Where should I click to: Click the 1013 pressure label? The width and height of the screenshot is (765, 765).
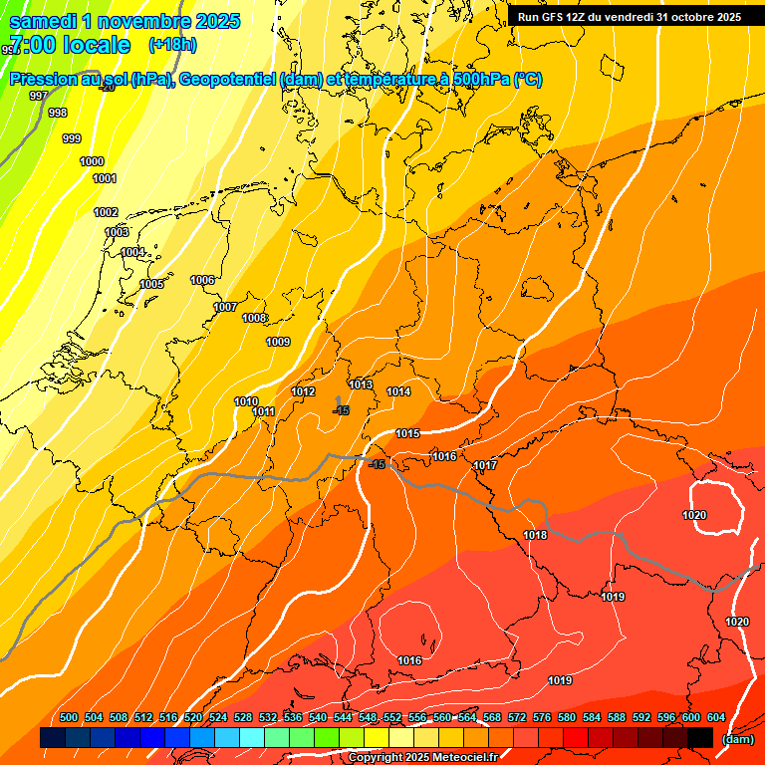tap(361, 384)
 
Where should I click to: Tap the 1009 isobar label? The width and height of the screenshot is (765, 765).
tap(278, 342)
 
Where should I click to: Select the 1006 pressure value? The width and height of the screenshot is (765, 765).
tap(203, 280)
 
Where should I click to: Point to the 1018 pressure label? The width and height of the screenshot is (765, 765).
tap(535, 535)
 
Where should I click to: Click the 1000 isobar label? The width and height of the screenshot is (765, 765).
tap(92, 161)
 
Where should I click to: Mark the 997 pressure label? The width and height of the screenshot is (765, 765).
tap(39, 96)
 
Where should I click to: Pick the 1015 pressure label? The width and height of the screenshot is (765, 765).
tap(407, 433)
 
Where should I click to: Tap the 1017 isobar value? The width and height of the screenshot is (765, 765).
tap(485, 465)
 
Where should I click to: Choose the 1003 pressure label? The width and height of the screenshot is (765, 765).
tap(117, 232)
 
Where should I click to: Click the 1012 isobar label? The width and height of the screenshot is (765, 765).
tap(304, 391)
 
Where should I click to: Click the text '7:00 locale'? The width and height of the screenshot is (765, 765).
tap(70, 45)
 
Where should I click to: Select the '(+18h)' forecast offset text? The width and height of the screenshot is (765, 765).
tap(172, 45)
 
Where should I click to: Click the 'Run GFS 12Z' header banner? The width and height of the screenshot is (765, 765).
tap(630, 17)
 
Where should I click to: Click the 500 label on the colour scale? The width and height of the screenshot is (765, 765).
tap(69, 717)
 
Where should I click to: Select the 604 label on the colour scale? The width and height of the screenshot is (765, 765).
tap(716, 717)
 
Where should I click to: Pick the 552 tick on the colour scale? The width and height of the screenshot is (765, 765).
tap(392, 717)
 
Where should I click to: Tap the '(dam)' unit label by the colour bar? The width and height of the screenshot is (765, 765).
tap(737, 739)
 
